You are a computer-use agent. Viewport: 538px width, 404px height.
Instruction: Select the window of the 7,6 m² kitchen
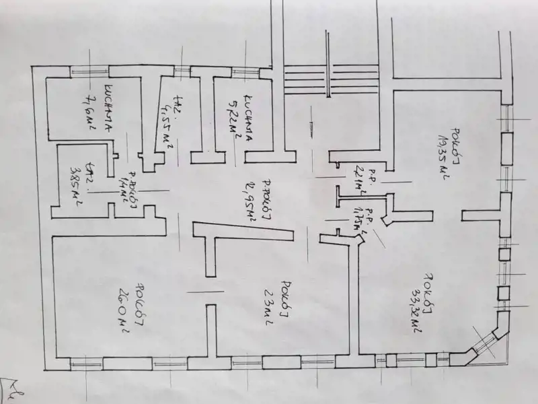(x=89, y=69)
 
